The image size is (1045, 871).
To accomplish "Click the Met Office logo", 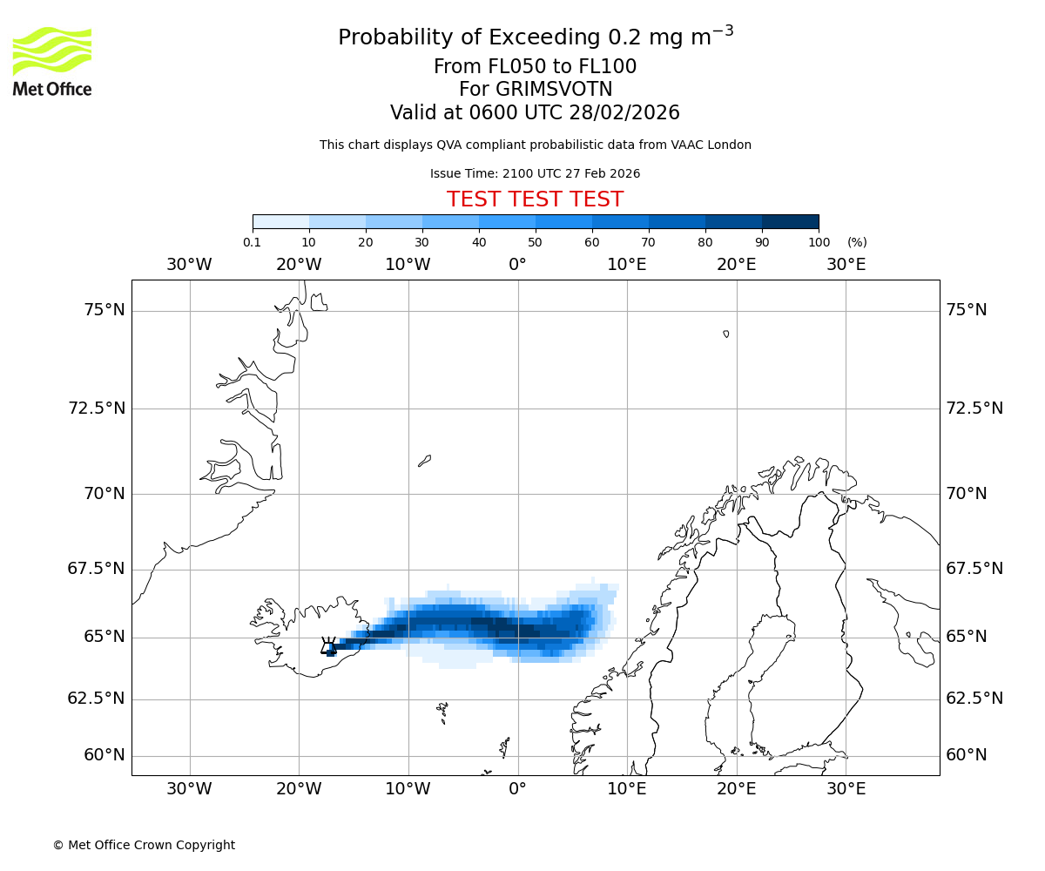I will coord(52,61).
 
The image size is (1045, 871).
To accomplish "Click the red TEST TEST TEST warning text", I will coord(535,199).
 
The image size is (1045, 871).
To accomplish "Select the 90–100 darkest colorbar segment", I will coord(790,221).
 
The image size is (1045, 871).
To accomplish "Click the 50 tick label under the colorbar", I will coord(535,242).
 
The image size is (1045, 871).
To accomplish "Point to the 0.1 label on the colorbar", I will coord(252,242).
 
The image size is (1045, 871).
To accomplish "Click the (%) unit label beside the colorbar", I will coord(857,242).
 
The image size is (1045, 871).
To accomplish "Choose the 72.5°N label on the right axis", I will coord(974,408).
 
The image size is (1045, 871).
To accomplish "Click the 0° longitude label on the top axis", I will coord(517,264).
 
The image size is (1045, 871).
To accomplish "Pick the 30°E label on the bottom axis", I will coord(846,789).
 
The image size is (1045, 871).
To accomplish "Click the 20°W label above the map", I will coord(299,264).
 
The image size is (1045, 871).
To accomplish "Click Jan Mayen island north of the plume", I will coord(424,460).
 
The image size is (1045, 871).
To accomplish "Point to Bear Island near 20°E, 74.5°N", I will coord(726,334).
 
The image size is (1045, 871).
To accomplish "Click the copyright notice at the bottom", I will coord(144,845).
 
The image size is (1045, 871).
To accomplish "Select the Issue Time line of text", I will coord(535,173).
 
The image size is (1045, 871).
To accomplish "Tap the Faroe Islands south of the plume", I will coord(442,712).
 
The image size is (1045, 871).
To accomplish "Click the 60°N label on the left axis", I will coord(104,755).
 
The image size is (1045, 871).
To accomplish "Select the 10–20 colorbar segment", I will coord(337,221).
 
